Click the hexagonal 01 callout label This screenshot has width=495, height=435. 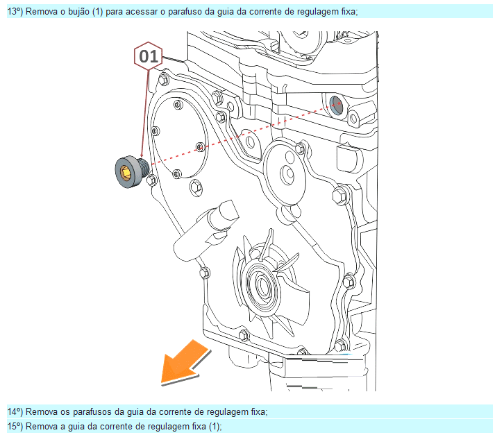(148, 56)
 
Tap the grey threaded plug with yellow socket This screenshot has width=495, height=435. (131, 172)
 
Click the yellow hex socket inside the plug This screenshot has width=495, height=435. (126, 173)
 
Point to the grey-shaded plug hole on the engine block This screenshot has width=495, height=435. (336, 104)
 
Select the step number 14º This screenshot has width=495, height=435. (15, 411)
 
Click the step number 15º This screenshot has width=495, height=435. (15, 426)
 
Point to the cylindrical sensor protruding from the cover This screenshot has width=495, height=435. (205, 230)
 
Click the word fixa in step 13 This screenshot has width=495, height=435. (349, 12)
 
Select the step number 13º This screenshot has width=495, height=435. (15, 12)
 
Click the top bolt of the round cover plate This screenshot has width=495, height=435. (178, 104)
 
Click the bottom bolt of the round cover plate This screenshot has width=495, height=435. (177, 173)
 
